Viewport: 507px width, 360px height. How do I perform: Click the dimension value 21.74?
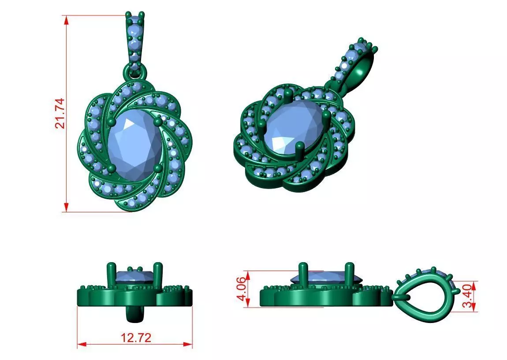(60, 113)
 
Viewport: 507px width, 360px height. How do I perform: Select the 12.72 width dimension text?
(136, 338)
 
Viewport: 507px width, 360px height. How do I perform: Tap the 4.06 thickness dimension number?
(242, 289)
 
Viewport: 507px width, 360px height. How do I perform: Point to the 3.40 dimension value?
(470, 296)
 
